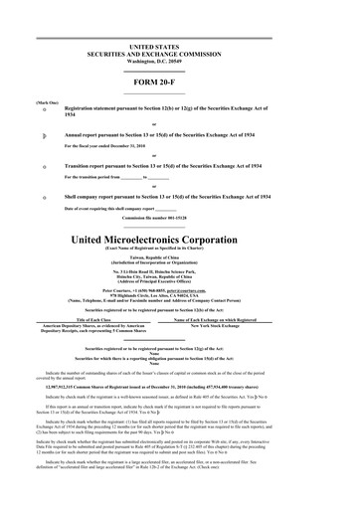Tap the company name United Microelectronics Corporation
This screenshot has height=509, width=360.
coord(179,240)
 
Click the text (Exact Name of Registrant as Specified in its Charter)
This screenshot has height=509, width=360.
coord(179,251)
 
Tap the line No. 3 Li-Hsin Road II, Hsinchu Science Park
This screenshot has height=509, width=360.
coord(179,270)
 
